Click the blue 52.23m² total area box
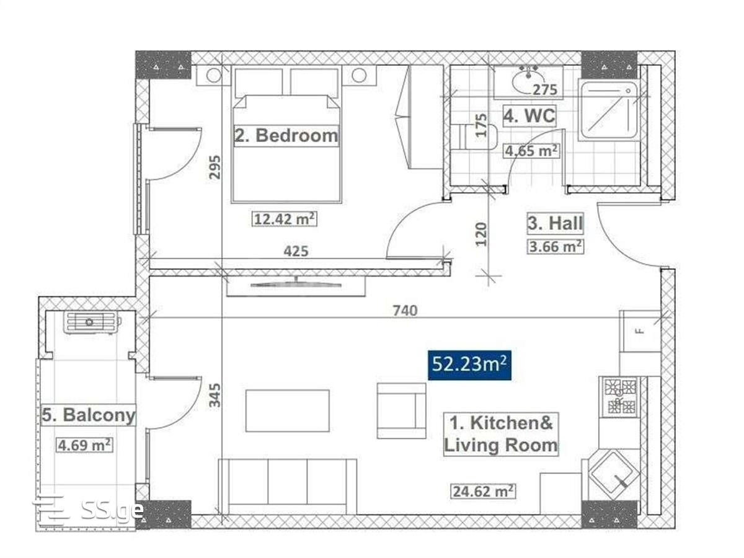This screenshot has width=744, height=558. (x=469, y=365)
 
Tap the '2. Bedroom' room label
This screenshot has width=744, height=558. (x=286, y=136)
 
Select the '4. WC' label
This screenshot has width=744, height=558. (x=529, y=115)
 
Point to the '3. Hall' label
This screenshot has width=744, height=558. (x=555, y=223)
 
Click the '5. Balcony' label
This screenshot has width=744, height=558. (x=89, y=415)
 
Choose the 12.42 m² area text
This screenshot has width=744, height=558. (x=284, y=219)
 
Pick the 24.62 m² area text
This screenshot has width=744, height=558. (x=482, y=491)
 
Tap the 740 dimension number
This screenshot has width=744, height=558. (x=405, y=311)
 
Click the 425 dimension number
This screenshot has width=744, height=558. (x=296, y=251)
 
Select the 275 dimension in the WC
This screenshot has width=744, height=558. (x=545, y=90)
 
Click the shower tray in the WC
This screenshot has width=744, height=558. (x=608, y=110)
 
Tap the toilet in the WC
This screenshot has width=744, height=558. (x=474, y=137)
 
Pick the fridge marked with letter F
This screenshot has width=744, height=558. (x=639, y=331)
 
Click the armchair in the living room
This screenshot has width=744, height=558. (x=401, y=410)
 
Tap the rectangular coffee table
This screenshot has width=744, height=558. (x=287, y=410)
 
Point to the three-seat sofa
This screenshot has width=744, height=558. (x=287, y=487)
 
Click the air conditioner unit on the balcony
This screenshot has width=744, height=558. (x=92, y=322)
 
